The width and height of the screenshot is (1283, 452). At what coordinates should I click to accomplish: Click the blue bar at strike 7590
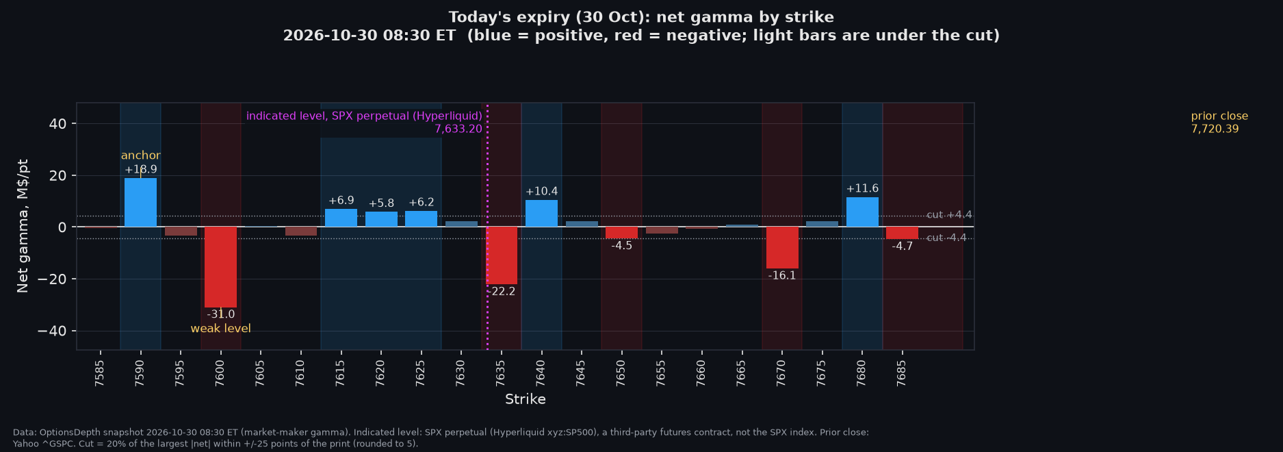tap(140, 202)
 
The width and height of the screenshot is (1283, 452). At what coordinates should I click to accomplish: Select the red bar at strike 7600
tap(220, 267)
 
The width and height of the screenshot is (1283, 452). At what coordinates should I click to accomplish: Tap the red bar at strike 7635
tap(502, 255)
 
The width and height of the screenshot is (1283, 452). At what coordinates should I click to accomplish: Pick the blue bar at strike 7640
tap(541, 213)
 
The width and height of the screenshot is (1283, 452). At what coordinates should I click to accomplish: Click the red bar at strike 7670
tap(782, 247)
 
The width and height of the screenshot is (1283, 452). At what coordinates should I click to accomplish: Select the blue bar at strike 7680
tap(862, 212)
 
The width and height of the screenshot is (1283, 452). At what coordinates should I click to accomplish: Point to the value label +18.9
tap(141, 169)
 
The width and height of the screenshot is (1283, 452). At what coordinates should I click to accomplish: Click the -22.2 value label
tap(502, 292)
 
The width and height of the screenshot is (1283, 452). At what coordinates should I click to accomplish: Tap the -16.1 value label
tap(782, 276)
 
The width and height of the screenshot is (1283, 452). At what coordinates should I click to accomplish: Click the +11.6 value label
tap(862, 188)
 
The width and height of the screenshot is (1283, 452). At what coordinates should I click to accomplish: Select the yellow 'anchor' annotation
tap(141, 155)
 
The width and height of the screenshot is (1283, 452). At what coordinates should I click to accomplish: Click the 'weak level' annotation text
tap(220, 329)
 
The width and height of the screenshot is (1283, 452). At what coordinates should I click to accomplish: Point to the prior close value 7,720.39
tap(1215, 129)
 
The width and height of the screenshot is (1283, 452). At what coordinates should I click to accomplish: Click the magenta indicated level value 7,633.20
tap(458, 129)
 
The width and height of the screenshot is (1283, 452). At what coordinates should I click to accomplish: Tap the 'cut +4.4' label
tap(949, 215)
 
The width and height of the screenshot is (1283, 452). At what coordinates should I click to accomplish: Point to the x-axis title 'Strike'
tap(526, 399)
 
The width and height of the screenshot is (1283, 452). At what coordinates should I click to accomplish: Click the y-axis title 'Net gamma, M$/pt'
tap(23, 226)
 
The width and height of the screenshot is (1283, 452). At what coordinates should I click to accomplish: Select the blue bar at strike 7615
tap(341, 218)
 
